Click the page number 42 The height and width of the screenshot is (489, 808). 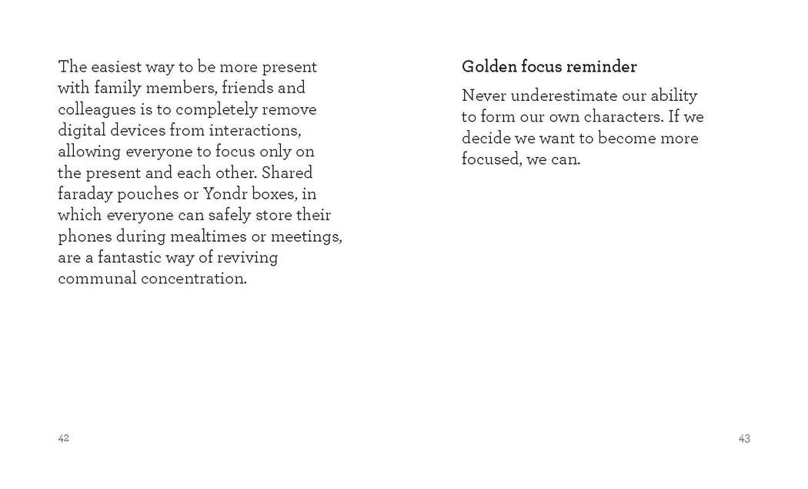pyautogui.click(x=64, y=438)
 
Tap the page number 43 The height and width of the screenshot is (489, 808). pyautogui.click(x=744, y=438)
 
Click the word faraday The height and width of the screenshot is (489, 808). pyautogui.click(x=85, y=193)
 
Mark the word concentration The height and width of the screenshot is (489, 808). pyautogui.click(x=194, y=278)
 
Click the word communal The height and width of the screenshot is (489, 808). pyautogui.click(x=97, y=278)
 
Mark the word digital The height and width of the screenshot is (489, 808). pyautogui.click(x=82, y=130)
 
